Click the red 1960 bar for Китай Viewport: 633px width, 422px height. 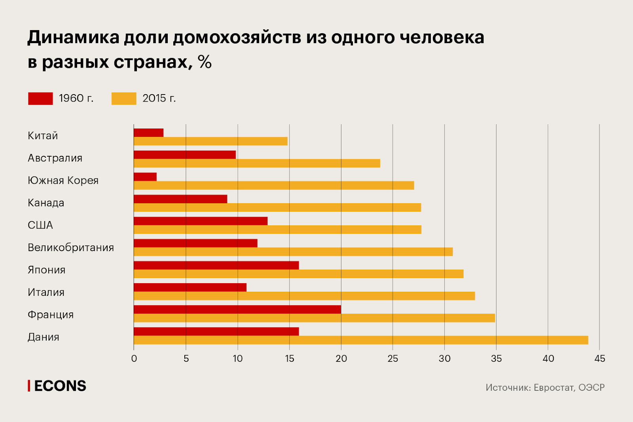click(x=148, y=133)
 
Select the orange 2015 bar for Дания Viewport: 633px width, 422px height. click(x=361, y=340)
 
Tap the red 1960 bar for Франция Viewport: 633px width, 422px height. click(x=237, y=310)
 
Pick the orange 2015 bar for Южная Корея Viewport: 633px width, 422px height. click(x=274, y=185)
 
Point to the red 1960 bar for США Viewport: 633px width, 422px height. click(x=201, y=221)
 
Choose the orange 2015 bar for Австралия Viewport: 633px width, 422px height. click(x=257, y=163)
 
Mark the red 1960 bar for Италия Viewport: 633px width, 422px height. click(x=190, y=288)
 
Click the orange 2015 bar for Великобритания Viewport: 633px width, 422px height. click(x=293, y=252)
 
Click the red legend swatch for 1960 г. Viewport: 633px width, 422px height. click(x=40, y=98)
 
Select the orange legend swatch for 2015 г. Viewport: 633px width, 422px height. click(x=124, y=98)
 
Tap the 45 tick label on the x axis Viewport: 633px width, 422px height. click(x=600, y=359)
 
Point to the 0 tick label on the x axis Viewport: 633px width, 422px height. click(x=134, y=359)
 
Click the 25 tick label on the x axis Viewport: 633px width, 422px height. click(x=393, y=359)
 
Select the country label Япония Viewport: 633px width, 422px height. click(x=47, y=270)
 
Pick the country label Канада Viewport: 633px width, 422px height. click(x=46, y=203)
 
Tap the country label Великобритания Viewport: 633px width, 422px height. click(x=71, y=248)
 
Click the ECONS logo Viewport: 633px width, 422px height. click(x=57, y=386)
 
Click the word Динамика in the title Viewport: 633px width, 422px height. click(x=74, y=38)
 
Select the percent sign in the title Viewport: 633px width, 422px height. click(x=205, y=62)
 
